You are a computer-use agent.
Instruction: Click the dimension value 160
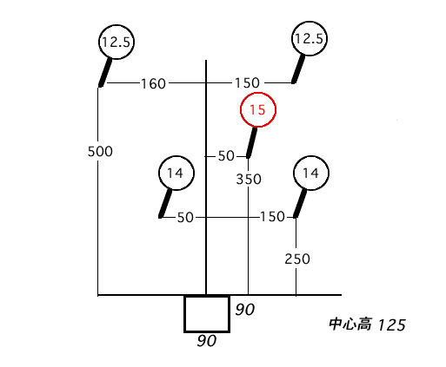(153, 84)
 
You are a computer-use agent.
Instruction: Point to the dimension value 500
(100, 152)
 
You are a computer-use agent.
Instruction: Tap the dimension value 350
(249, 180)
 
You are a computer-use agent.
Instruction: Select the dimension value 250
(297, 259)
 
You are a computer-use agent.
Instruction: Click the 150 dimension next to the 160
(247, 83)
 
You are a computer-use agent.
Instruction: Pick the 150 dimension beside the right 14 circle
(272, 217)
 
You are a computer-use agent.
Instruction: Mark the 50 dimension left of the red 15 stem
(226, 156)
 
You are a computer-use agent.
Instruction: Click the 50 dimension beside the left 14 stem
(185, 218)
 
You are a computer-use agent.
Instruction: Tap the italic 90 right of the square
(245, 310)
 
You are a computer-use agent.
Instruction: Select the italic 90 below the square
(207, 341)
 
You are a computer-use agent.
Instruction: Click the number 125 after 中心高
(392, 325)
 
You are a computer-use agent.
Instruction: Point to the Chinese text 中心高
(350, 324)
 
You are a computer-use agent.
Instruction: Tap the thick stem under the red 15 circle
(251, 142)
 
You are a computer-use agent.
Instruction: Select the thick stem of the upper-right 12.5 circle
(298, 69)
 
